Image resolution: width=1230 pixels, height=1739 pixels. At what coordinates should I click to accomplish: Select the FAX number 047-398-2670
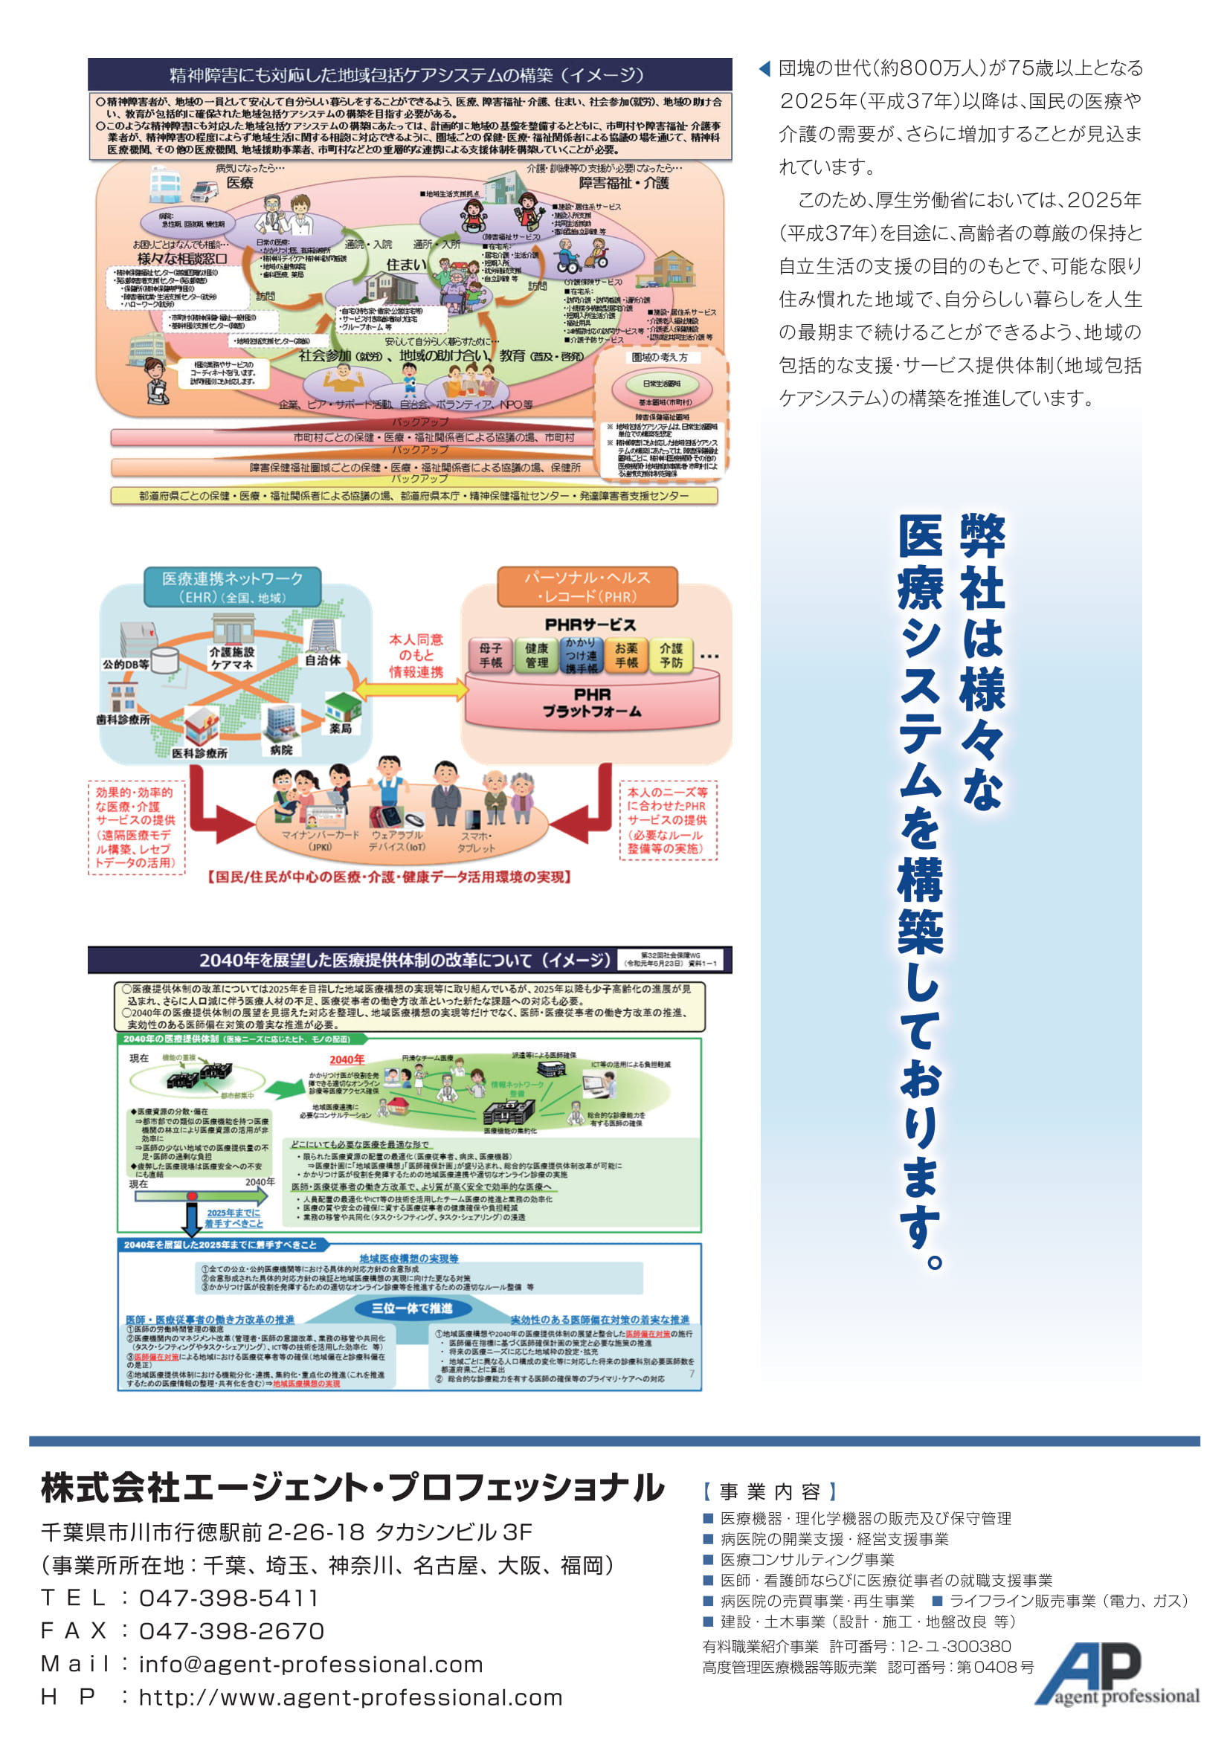231,1630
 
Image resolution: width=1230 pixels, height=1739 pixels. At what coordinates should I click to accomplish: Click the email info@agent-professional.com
311,1664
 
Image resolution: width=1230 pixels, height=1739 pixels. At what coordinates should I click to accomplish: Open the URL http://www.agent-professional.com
350,1697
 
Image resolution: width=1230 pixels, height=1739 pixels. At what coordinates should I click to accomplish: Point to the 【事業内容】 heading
770,1491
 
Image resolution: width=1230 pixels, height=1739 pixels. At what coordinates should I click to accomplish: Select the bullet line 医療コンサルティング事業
807,1560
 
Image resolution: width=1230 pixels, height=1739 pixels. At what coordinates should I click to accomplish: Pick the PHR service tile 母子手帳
490,655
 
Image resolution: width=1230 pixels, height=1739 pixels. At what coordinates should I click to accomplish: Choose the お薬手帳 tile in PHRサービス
625,655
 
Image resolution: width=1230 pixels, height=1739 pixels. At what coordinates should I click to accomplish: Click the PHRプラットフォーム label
591,703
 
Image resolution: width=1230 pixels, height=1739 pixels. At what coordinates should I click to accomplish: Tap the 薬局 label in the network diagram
340,729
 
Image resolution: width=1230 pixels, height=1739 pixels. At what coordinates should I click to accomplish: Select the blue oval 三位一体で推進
411,1308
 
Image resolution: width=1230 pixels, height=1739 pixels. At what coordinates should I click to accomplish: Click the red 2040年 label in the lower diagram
346,1059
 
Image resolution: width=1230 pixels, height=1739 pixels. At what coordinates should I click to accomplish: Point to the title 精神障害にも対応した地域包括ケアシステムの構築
408,75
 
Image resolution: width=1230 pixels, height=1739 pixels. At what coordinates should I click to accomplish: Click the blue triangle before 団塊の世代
764,69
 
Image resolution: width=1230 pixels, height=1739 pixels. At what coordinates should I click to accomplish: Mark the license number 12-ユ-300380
966,1646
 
